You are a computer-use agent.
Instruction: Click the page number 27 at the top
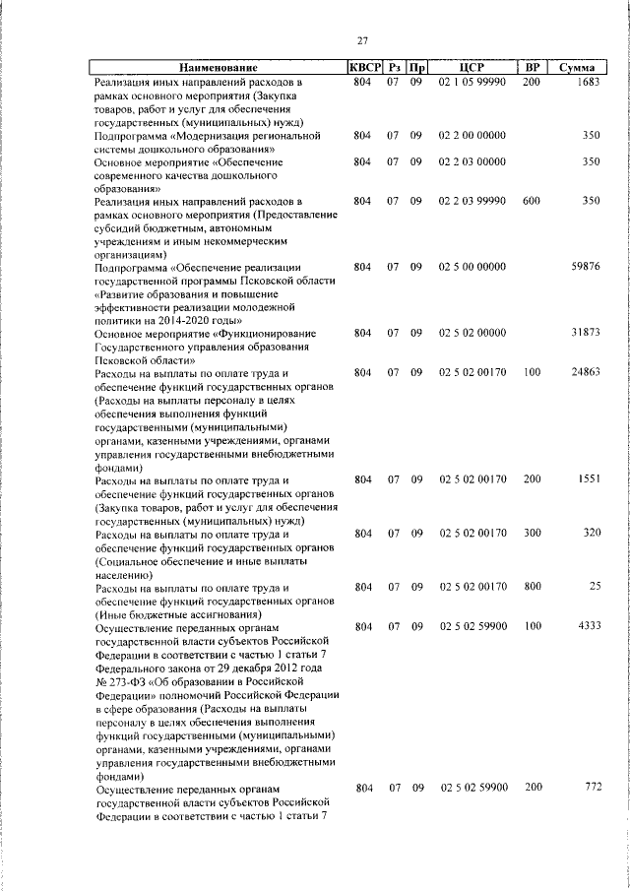point(362,40)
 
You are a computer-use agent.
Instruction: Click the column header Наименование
point(218,67)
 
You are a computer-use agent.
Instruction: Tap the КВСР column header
point(362,67)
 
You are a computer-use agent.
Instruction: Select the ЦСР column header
point(472,67)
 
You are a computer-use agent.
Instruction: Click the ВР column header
point(532,67)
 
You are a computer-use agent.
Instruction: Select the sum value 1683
point(588,83)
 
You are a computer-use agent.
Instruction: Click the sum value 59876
point(585,266)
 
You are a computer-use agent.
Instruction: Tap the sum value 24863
point(585,372)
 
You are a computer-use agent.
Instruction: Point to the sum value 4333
point(588,626)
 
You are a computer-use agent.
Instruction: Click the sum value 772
point(592,788)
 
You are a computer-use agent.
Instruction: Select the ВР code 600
point(532,201)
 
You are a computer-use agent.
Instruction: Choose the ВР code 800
point(532,587)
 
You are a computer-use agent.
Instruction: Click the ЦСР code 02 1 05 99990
point(472,83)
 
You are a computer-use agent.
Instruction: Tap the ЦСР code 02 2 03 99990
point(472,201)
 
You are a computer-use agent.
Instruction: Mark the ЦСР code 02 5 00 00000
point(472,266)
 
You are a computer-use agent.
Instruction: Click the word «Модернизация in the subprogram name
point(218,135)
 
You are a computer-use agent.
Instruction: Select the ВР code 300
point(532,533)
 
